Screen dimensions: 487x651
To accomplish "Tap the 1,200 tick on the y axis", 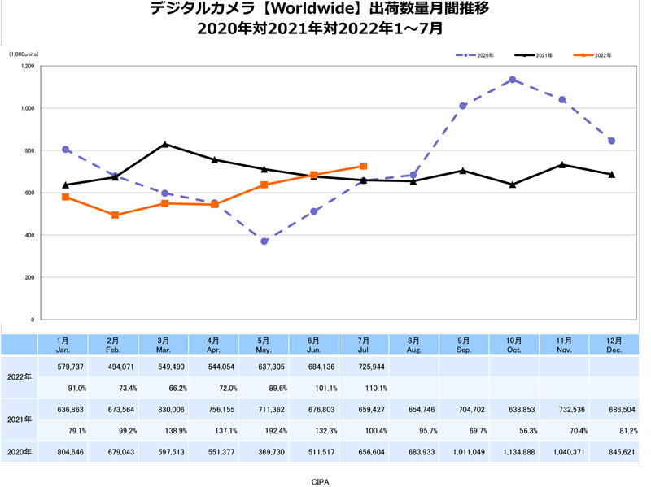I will (x=27, y=66).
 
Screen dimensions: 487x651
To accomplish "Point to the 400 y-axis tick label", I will (x=29, y=235).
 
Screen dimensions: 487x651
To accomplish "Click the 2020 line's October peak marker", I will (x=512, y=80).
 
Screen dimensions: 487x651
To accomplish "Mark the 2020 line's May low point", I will (x=264, y=241).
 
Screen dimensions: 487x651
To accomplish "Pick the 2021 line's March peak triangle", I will (x=165, y=144).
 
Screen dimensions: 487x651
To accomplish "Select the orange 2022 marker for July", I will (x=364, y=166).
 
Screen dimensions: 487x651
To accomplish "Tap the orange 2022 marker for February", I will (x=116, y=215).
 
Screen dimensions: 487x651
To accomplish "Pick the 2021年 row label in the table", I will (x=19, y=420).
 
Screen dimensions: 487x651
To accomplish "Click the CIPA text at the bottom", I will (x=321, y=481).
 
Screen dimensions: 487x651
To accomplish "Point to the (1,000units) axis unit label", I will (x=24, y=54).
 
